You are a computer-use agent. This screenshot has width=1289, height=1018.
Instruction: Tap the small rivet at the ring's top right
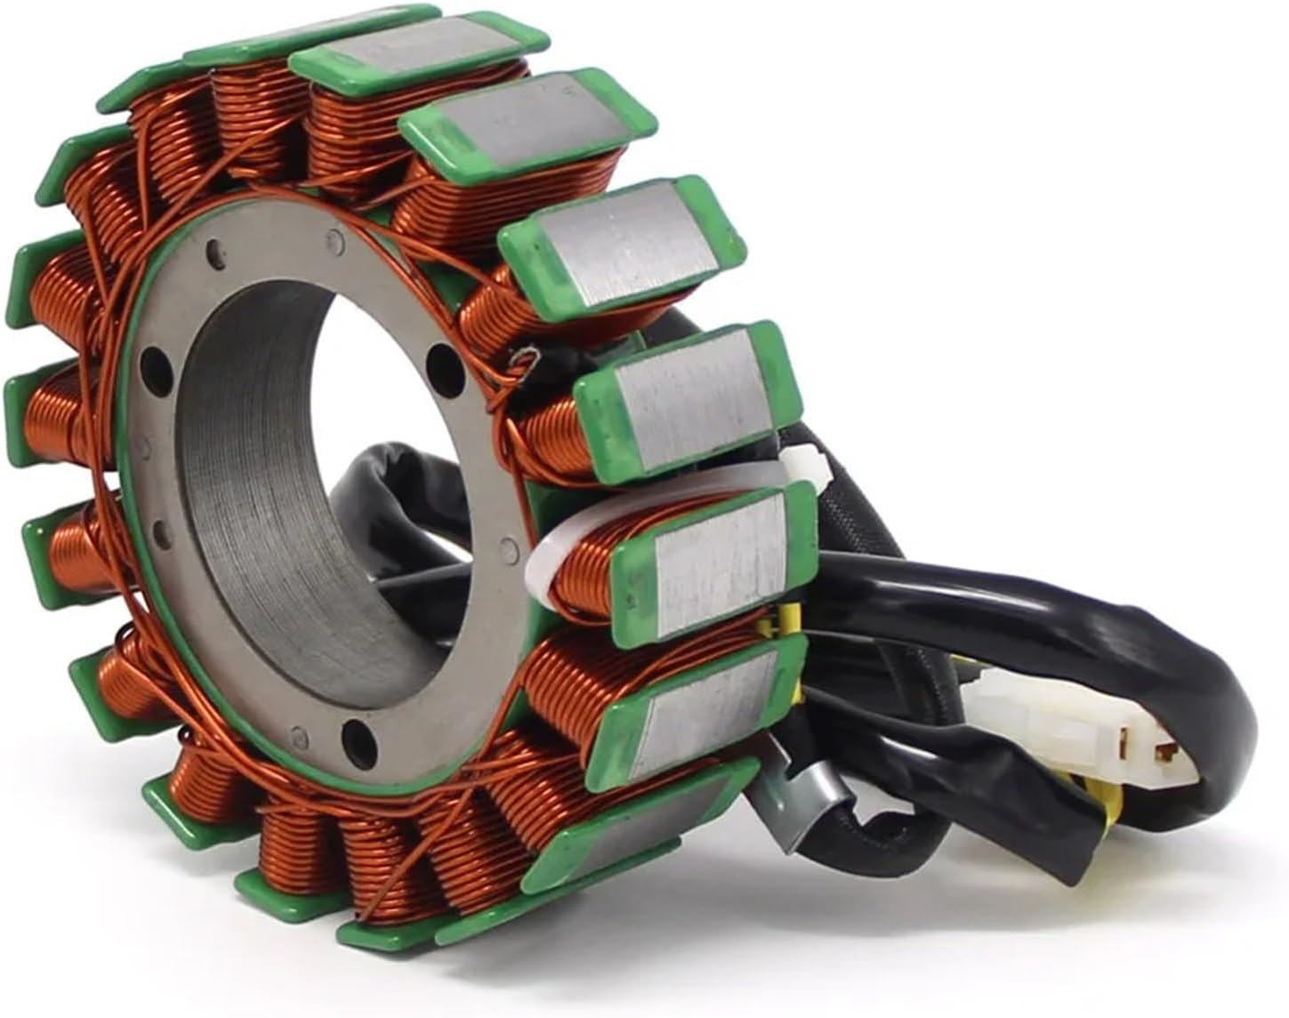coord(334,238)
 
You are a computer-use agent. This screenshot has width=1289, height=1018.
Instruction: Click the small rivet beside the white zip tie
coord(508,544)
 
